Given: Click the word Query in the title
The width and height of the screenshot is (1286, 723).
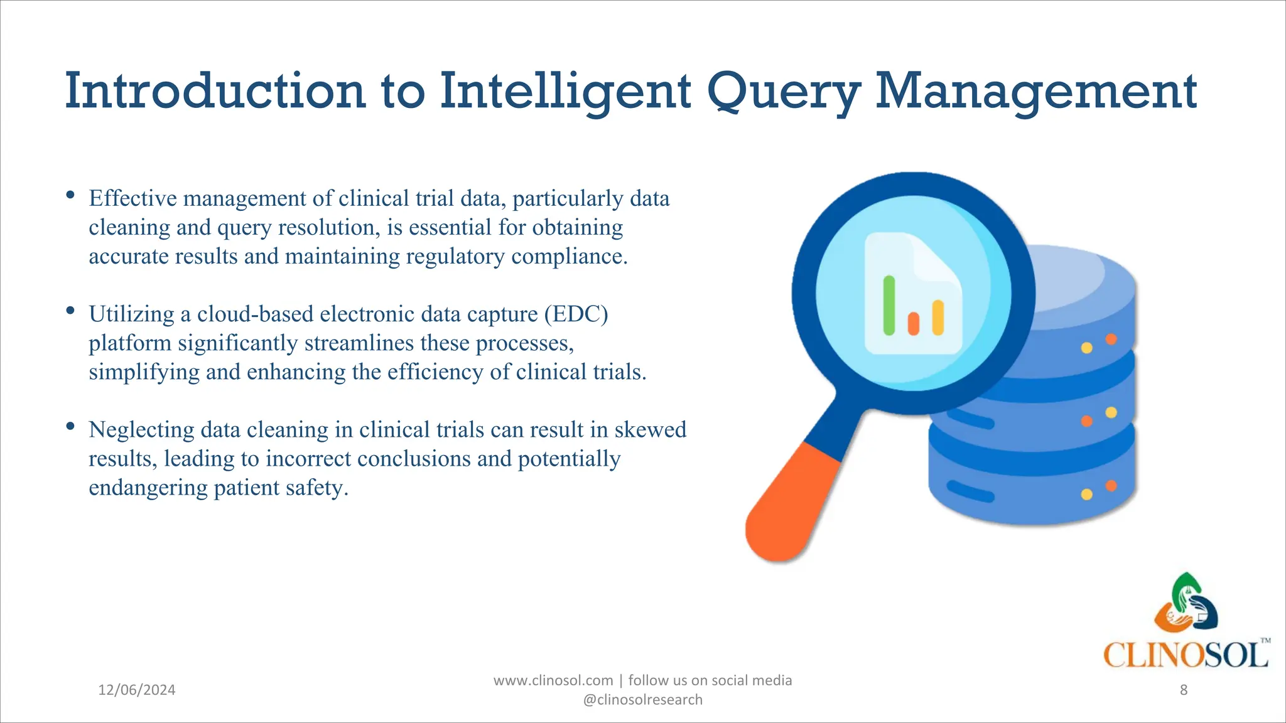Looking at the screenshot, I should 784,92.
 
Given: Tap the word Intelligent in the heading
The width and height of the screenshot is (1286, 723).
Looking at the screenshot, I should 565,92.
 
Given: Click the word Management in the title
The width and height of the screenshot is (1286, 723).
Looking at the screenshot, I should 1036,92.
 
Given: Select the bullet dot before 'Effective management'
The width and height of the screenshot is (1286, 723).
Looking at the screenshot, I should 70,195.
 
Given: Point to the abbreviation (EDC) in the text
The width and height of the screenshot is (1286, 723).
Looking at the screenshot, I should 576,314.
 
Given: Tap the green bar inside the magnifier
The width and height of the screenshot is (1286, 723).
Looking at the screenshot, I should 889,306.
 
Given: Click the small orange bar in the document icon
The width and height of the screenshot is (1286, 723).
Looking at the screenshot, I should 914,323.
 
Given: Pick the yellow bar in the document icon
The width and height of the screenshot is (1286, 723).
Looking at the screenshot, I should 938,317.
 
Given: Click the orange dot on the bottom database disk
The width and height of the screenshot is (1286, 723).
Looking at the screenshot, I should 1111,485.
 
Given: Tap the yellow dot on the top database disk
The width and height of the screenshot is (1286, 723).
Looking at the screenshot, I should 1087,348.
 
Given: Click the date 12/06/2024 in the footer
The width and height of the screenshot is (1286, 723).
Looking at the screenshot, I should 137,690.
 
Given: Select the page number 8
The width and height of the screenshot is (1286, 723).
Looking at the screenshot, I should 1184,690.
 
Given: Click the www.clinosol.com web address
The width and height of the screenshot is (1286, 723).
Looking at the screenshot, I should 553,680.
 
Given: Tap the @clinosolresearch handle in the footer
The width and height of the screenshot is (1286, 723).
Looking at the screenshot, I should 643,700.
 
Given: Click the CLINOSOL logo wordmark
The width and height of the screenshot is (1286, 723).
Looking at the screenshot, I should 1185,655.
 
